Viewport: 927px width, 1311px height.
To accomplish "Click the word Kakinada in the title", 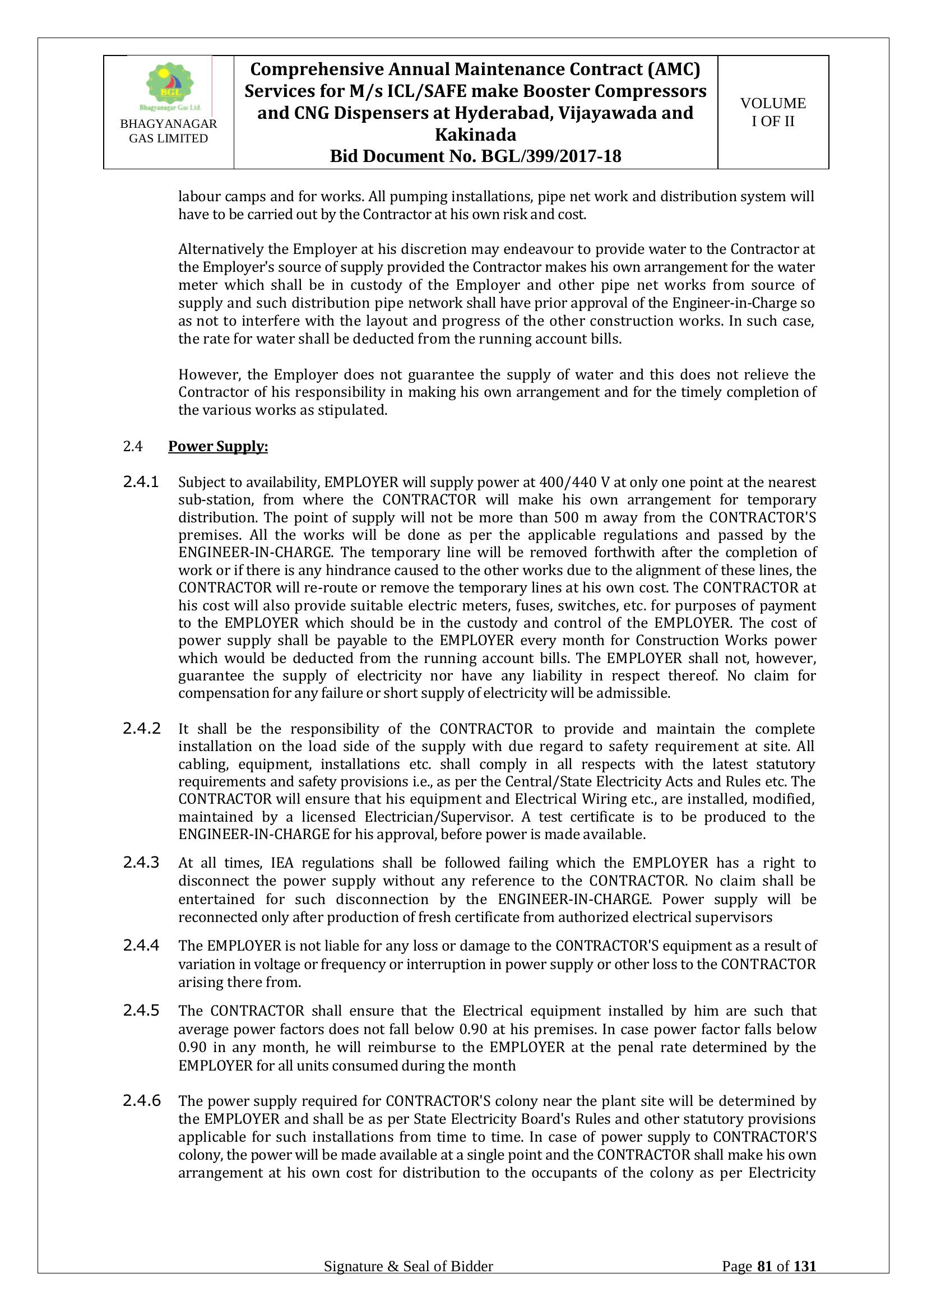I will click(475, 135).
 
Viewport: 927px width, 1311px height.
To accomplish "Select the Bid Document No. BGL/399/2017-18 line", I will click(475, 156).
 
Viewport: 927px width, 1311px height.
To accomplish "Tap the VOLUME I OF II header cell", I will click(773, 112).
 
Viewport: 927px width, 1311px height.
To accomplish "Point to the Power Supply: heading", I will click(218, 447).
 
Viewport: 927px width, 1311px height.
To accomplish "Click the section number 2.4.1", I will click(141, 482).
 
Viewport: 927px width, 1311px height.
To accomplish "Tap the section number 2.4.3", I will click(141, 862).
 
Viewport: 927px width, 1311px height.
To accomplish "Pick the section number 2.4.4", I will click(141, 946).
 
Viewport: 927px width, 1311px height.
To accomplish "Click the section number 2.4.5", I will click(141, 1011).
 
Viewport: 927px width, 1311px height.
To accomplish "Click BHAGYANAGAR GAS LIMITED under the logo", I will click(168, 131).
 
